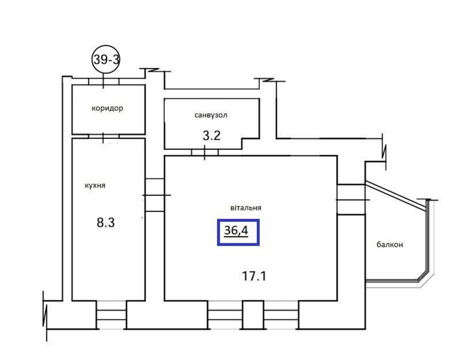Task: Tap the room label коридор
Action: [107, 108]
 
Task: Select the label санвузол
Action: [211, 115]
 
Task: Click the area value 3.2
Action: [211, 136]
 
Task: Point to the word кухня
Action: [95, 185]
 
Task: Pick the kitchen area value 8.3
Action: [106, 223]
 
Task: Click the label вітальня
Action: [246, 208]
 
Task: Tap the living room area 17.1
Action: [254, 276]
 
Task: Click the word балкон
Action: [390, 245]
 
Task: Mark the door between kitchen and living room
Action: [154, 195]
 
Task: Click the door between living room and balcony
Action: [351, 199]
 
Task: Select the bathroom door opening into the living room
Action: [205, 152]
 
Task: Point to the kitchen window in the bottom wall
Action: [112, 315]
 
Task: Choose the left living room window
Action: [225, 315]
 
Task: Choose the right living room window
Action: [281, 315]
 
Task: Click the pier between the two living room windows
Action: [253, 315]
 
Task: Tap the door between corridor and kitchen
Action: [104, 136]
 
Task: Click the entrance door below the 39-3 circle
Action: [104, 82]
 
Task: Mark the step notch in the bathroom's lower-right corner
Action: [251, 144]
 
